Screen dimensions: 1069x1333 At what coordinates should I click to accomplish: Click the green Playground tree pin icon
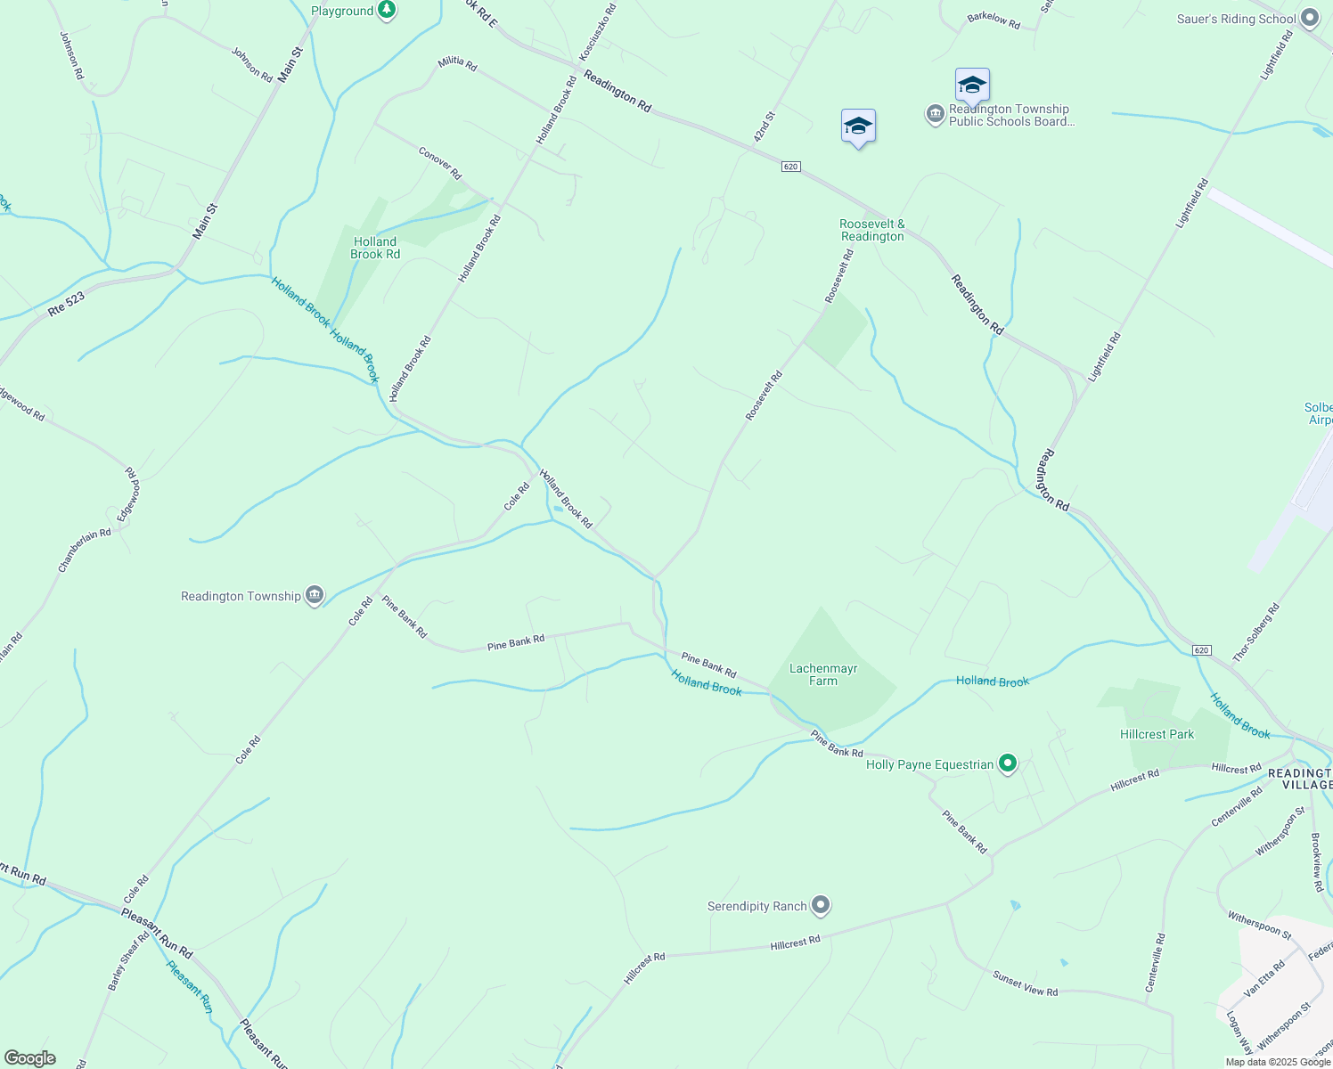(387, 10)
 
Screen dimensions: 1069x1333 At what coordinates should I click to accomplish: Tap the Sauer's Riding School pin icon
(1309, 18)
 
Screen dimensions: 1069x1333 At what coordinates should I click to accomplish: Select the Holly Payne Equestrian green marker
(1008, 763)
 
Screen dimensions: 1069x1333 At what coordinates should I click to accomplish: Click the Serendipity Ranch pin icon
(821, 906)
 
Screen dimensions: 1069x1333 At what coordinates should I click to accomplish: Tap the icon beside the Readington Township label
(314, 596)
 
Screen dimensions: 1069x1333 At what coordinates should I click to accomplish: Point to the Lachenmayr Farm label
(823, 674)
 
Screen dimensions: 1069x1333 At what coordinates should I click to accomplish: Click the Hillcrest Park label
(1157, 734)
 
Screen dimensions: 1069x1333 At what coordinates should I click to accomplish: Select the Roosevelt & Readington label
(872, 230)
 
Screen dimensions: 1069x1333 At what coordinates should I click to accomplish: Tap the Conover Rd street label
(440, 162)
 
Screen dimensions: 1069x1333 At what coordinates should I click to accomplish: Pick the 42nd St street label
(765, 126)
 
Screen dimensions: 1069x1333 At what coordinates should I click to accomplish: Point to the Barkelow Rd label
(994, 20)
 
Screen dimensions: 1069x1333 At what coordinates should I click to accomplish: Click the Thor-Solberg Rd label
(1255, 632)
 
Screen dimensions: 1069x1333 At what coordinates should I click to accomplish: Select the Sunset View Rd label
(1025, 983)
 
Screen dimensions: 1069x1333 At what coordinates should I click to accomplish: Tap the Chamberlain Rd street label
(85, 550)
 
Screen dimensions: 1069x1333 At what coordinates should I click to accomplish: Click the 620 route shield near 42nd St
(790, 167)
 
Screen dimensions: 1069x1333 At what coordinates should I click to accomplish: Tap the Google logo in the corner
(29, 1058)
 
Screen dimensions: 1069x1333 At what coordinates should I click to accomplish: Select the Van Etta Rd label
(1264, 977)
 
